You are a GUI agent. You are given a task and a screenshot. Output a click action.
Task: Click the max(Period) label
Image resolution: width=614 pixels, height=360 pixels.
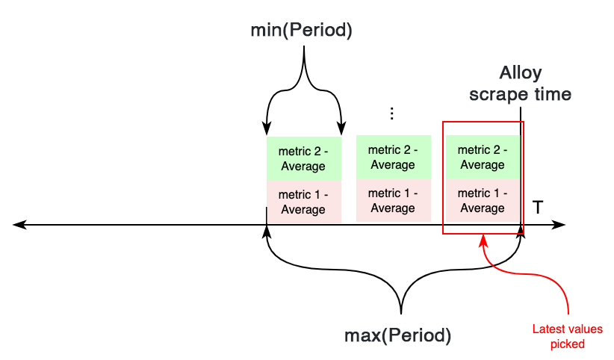click(x=397, y=335)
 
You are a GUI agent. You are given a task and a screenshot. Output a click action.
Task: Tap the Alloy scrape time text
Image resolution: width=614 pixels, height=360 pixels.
click(x=520, y=84)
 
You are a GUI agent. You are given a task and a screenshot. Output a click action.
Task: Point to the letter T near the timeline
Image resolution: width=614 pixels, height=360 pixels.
click(x=537, y=208)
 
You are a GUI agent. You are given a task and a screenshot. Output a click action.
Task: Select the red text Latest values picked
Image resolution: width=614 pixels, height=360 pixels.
click(x=567, y=336)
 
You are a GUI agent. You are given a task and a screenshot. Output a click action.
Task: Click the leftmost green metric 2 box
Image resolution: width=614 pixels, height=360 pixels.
click(x=303, y=158)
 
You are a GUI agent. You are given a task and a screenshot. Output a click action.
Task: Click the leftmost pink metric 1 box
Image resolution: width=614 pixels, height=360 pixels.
click(x=303, y=202)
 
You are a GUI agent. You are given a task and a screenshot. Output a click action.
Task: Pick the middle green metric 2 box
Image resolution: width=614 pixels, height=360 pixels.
click(x=393, y=158)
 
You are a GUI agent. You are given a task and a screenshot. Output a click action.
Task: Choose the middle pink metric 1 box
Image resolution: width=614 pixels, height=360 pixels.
click(x=393, y=201)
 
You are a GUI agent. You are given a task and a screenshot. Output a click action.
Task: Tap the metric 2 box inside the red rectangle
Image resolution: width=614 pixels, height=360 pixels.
click(x=483, y=158)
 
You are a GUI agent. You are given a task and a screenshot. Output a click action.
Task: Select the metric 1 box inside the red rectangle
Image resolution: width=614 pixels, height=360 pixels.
click(x=483, y=201)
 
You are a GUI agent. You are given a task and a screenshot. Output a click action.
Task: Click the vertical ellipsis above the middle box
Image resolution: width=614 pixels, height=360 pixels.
click(x=392, y=114)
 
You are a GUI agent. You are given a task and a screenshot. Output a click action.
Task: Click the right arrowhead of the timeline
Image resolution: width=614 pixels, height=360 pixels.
click(x=561, y=224)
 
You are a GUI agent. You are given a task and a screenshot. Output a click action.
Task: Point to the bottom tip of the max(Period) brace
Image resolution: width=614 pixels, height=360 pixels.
click(x=402, y=312)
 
